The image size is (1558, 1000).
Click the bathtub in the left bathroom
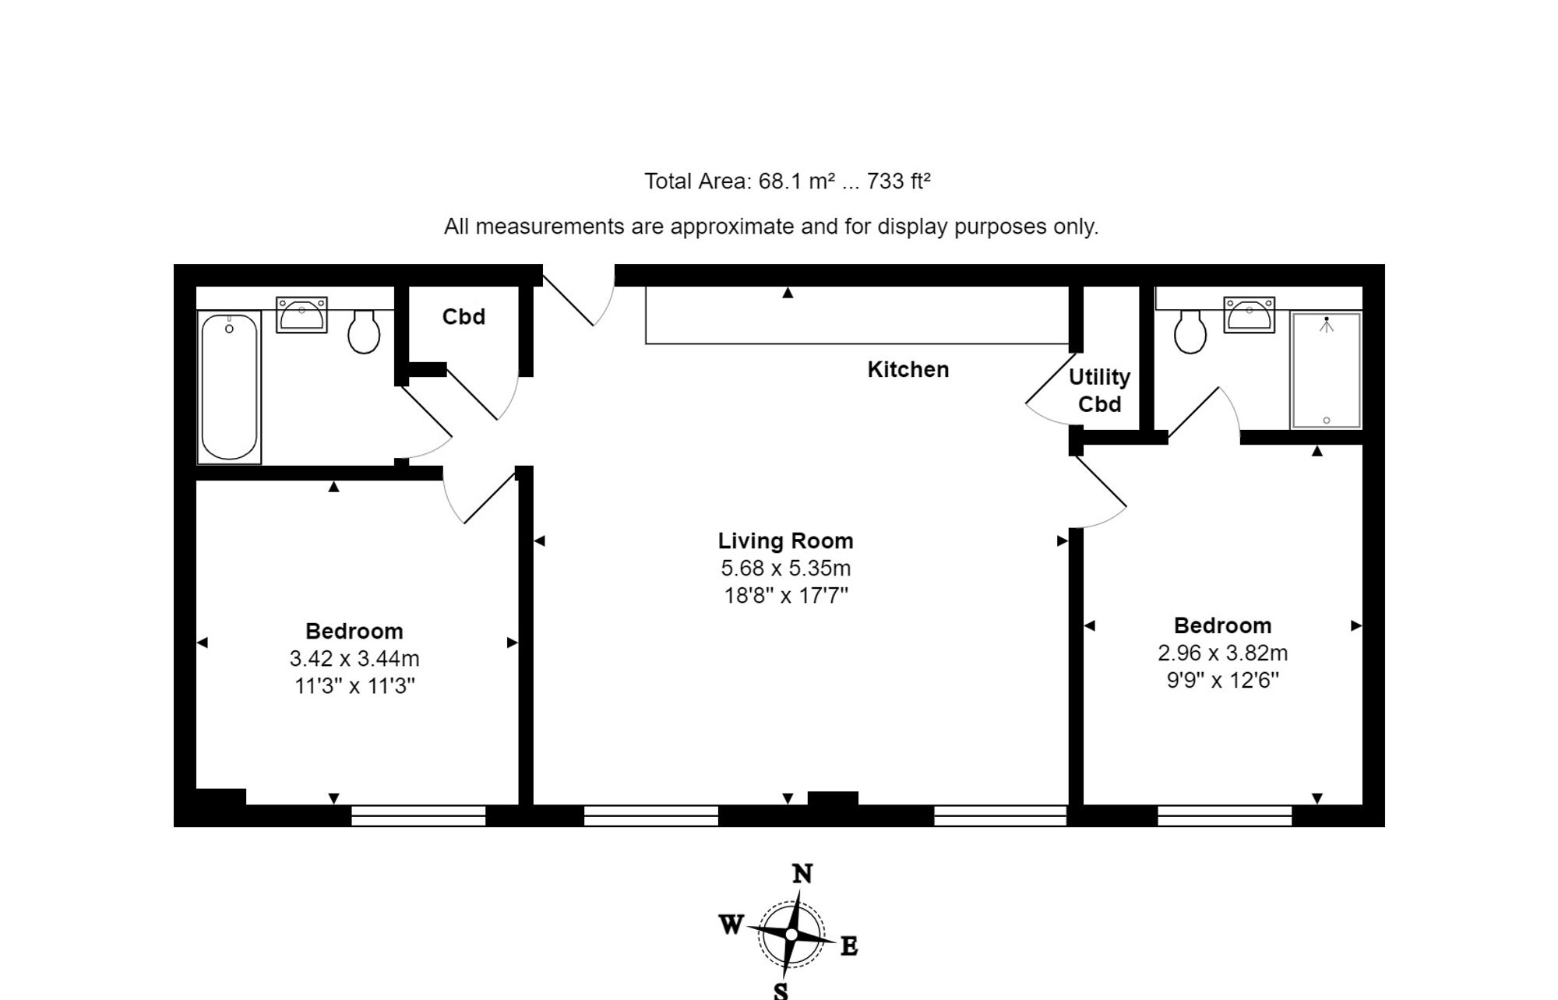point(229,387)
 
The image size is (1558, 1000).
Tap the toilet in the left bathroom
point(363,332)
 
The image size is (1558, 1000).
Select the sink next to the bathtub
point(301,315)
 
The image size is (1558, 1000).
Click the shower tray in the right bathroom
point(1326,371)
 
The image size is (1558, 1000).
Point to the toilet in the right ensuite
point(1190,332)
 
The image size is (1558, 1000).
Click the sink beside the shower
point(1249,315)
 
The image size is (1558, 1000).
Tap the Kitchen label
point(908,369)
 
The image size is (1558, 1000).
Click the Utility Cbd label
point(1099,390)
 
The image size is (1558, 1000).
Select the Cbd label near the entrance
point(464,316)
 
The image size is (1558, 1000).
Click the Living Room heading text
point(785,540)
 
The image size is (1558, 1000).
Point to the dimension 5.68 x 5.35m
point(785,568)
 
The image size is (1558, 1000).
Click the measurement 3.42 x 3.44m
point(354,658)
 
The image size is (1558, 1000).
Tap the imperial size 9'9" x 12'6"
point(1222,680)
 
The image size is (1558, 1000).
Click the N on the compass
point(802,874)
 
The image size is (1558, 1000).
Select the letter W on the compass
point(730,924)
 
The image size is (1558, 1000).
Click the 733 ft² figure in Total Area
point(898,181)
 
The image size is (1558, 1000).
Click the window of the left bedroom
point(418,815)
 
